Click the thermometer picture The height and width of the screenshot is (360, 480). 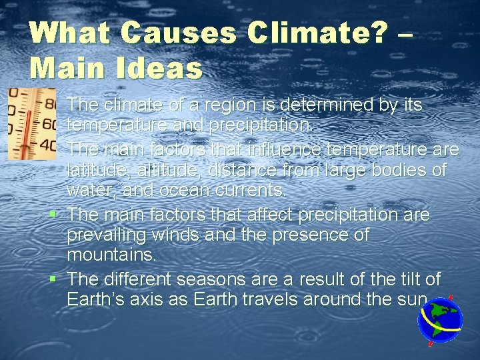pos(31,123)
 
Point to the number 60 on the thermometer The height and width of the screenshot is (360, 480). pos(49,124)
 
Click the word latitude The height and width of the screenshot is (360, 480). pos(93,171)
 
